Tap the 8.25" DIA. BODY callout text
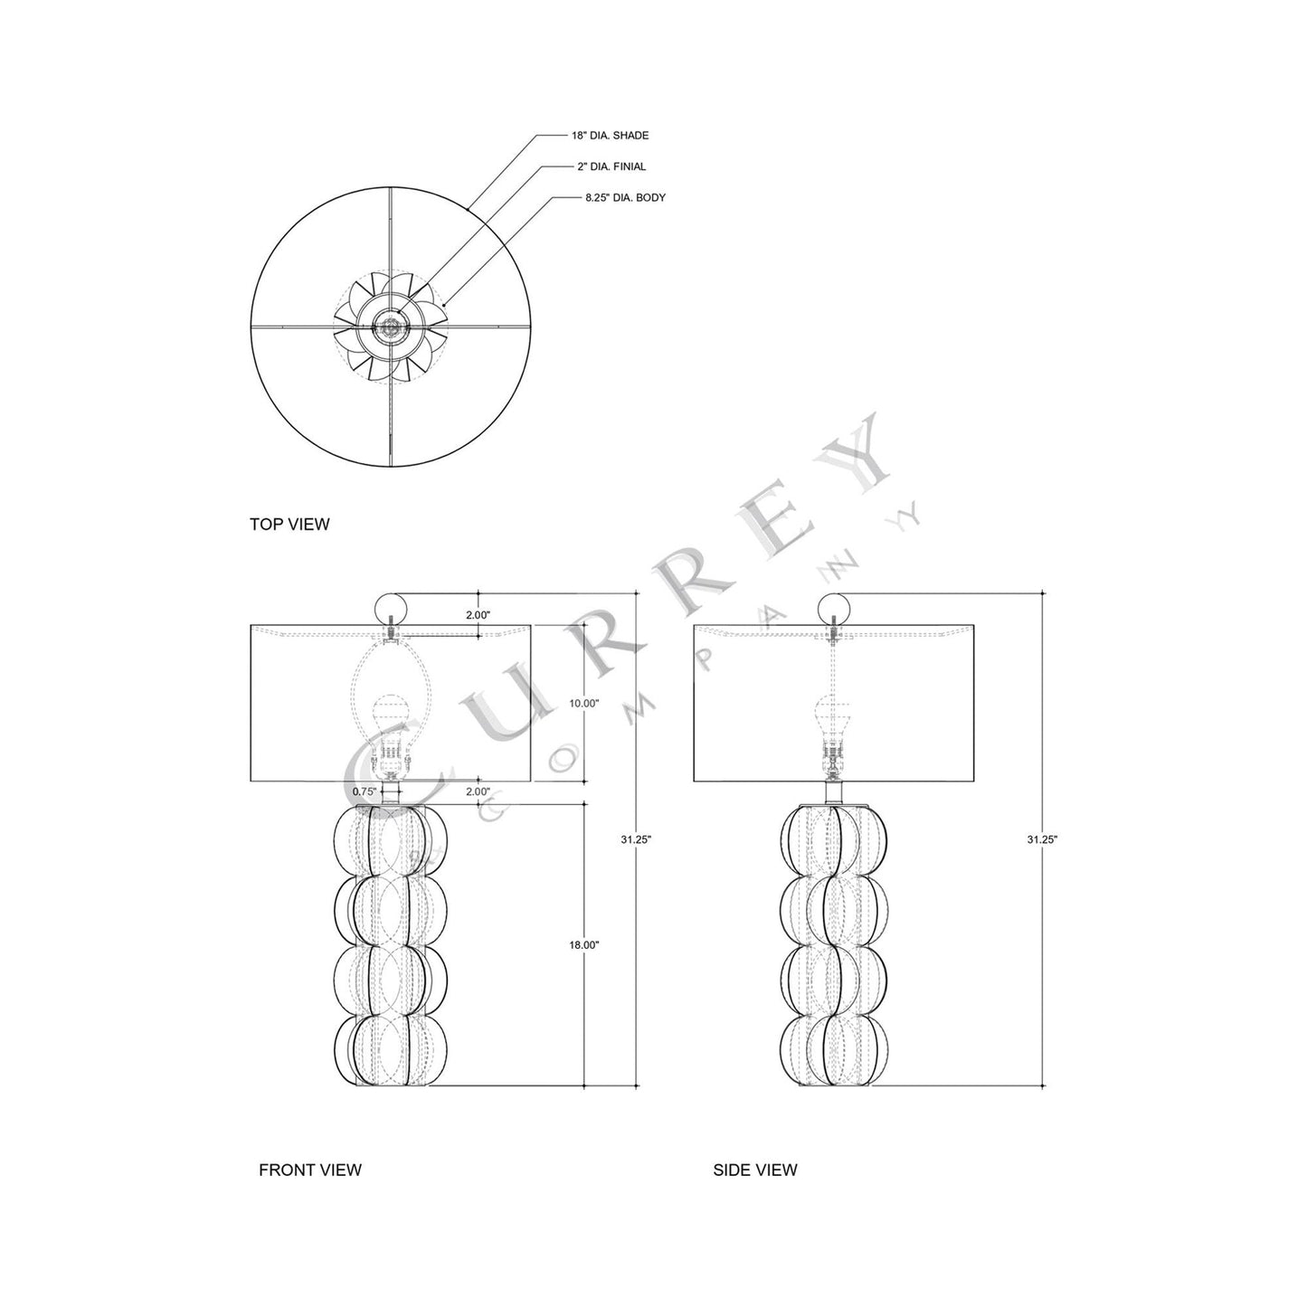click(624, 196)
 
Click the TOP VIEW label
click(289, 524)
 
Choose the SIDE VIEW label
click(755, 1170)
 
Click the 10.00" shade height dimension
click(585, 703)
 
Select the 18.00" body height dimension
click(584, 944)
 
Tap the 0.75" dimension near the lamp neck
click(364, 791)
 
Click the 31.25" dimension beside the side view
click(1042, 838)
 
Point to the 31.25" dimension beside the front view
click(636, 838)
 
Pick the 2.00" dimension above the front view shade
click(478, 615)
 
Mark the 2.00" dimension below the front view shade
click(478, 791)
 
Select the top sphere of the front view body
click(391, 841)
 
